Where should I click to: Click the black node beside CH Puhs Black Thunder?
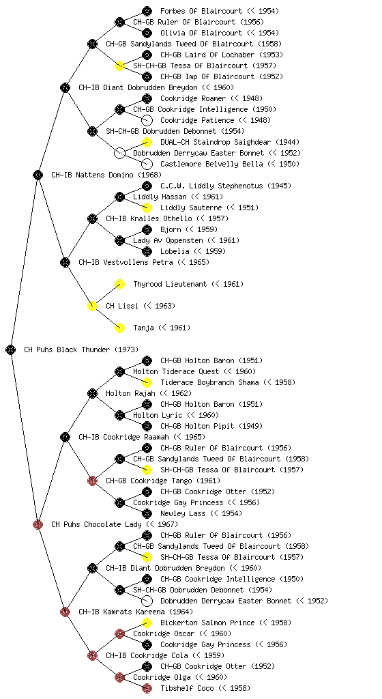pyautogui.click(x=11, y=349)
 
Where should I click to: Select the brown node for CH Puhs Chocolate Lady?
pyautogui.click(x=38, y=524)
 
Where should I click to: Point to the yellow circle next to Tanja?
pyautogui.click(x=119, y=328)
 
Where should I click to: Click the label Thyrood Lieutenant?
pyautogui.click(x=170, y=284)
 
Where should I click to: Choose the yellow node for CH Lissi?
pyautogui.click(x=92, y=306)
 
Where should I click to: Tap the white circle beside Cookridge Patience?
pyautogui.click(x=147, y=120)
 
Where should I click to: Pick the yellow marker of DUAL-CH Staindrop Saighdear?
pyautogui.click(x=147, y=142)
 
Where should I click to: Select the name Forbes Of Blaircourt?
pyautogui.click(x=201, y=11)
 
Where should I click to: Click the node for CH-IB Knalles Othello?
pyautogui.click(x=92, y=218)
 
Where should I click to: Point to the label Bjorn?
pyautogui.click(x=171, y=229)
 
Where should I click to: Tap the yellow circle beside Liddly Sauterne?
pyautogui.click(x=147, y=208)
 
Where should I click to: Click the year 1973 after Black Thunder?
pyautogui.click(x=126, y=349)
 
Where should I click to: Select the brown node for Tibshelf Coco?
pyautogui.click(x=147, y=688)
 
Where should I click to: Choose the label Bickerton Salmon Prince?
pyautogui.click(x=207, y=623)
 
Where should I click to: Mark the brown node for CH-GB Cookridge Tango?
pyautogui.click(x=92, y=481)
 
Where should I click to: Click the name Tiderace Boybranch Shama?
pyautogui.click(x=209, y=382)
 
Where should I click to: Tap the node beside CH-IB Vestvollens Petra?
pyautogui.click(x=65, y=262)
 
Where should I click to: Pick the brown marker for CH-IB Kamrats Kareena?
pyautogui.click(x=65, y=612)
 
